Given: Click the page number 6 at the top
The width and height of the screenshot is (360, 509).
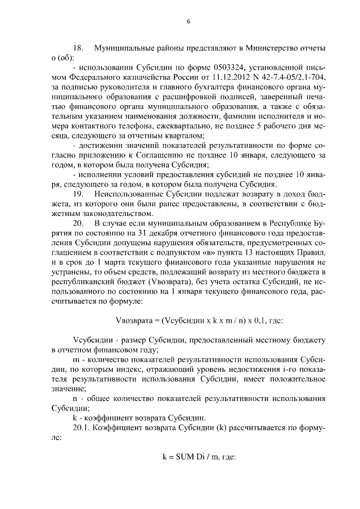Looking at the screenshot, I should [x=188, y=22].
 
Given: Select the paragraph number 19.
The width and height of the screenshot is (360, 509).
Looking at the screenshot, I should [x=79, y=194].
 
